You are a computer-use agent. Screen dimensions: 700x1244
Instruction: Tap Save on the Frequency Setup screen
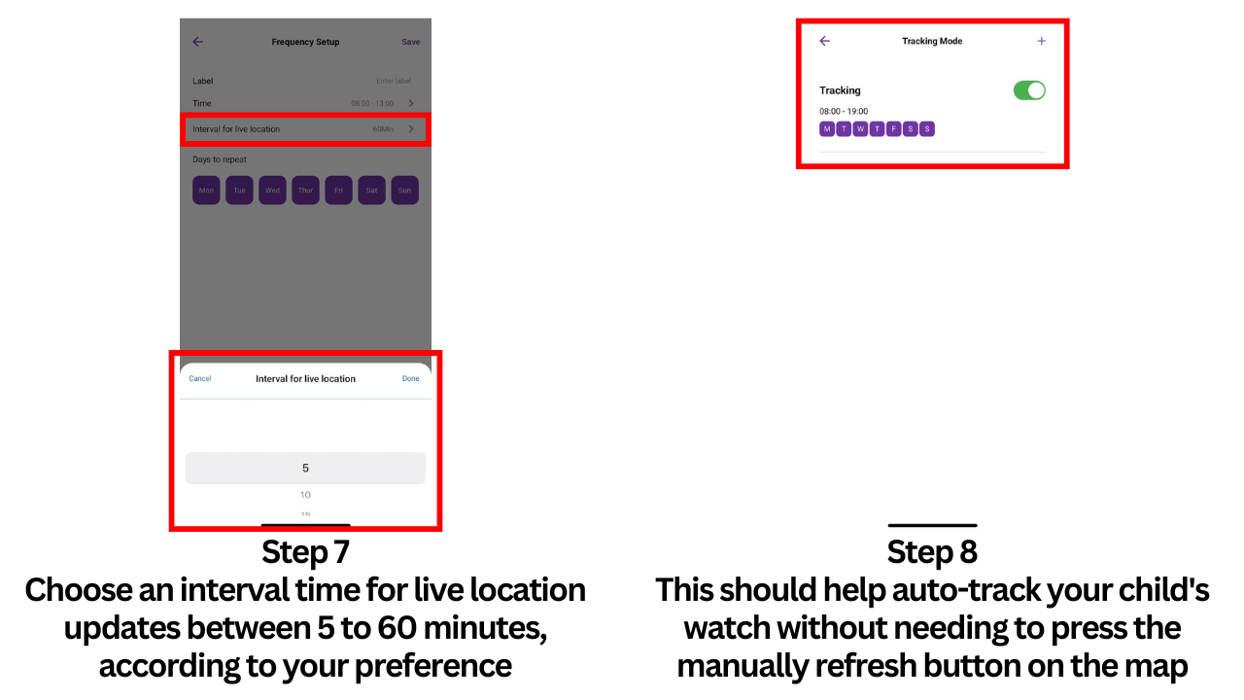tap(410, 42)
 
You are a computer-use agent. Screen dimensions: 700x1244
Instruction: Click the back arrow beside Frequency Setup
tap(198, 42)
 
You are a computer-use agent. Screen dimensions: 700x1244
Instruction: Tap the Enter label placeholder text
tap(394, 81)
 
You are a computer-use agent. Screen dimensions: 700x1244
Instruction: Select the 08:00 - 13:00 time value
tap(372, 103)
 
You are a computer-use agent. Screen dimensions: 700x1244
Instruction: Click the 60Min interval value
tap(383, 129)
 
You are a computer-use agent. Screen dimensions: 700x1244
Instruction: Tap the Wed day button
tap(272, 191)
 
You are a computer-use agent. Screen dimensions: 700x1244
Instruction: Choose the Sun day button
tap(404, 191)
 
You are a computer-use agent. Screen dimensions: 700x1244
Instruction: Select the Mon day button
tap(206, 191)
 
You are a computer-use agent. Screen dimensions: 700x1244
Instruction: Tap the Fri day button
tap(338, 191)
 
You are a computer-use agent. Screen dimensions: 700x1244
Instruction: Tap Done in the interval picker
tap(411, 378)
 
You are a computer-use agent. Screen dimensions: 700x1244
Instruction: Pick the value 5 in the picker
tap(305, 469)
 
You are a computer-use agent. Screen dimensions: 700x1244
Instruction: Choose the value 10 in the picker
tap(305, 495)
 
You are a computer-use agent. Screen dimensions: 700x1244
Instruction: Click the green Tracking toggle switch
tap(1029, 90)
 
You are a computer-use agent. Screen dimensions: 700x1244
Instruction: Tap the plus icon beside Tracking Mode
tap(1042, 41)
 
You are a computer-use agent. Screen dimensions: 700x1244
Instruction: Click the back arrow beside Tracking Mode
tap(825, 41)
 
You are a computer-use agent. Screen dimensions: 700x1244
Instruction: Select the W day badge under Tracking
tap(860, 129)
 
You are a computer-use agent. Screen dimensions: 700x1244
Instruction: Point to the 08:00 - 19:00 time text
tap(844, 112)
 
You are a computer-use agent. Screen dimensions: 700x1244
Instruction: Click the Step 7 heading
tap(305, 552)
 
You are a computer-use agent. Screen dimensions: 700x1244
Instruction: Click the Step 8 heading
tap(932, 552)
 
